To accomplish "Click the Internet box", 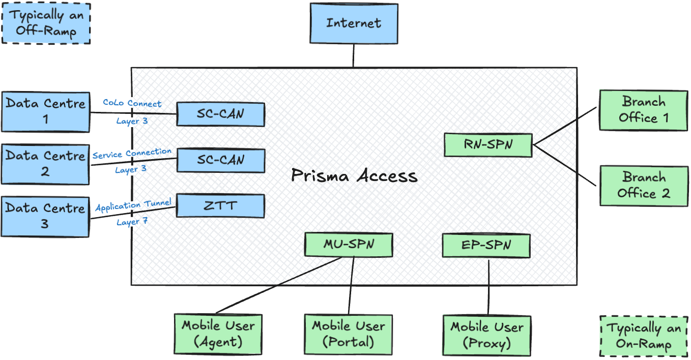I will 354,23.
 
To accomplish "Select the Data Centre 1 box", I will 45,112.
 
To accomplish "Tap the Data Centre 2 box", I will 45,163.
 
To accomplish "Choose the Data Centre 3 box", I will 45,216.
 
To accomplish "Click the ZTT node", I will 220,206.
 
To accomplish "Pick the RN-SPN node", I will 488,145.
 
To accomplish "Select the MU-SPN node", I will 349,245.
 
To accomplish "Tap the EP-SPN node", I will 486,246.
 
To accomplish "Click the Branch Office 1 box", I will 643,110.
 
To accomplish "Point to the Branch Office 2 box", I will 643,185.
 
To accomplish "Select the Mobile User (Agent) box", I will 218,334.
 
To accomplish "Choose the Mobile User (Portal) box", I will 349,334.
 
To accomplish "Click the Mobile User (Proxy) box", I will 487,335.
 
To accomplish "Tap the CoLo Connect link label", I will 132,103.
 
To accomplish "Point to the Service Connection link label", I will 132,153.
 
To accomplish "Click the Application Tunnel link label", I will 133,206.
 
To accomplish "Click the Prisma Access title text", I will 354,176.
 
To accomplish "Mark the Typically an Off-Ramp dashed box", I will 46,23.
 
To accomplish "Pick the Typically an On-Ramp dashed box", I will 643,336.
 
